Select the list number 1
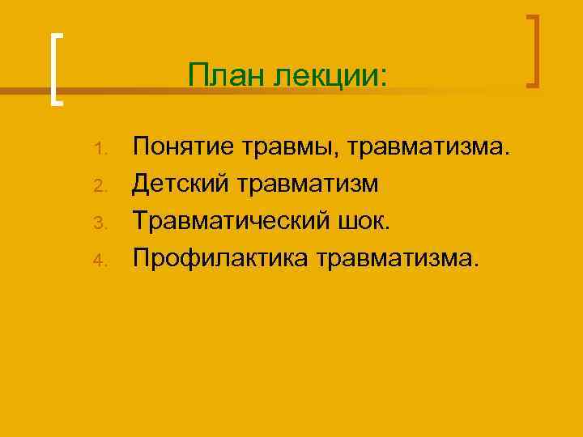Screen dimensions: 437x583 (100, 149)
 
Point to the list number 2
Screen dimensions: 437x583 (100, 186)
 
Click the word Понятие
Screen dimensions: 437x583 (181, 147)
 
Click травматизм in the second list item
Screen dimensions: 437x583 (309, 185)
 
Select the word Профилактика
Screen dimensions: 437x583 (223, 259)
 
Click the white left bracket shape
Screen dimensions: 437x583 (54, 69)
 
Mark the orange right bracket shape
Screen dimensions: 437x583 (534, 50)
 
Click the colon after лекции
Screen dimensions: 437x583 (384, 77)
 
